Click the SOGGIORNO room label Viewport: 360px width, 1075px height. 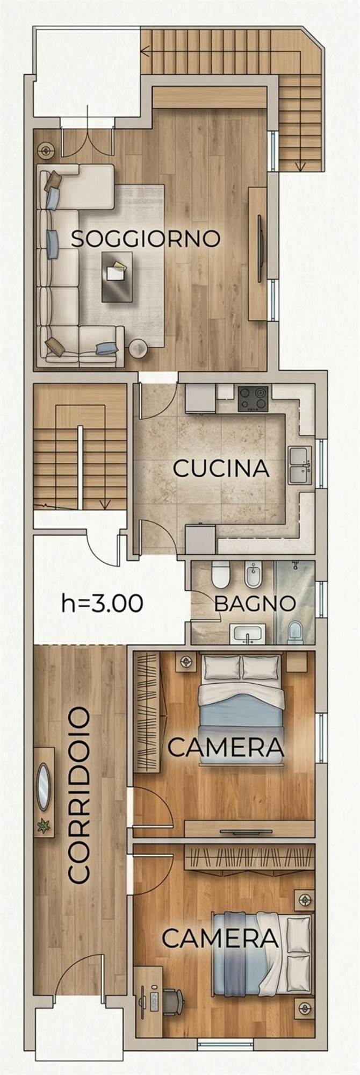click(146, 238)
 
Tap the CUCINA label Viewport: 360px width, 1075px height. click(221, 468)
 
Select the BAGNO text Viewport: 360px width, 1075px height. click(255, 603)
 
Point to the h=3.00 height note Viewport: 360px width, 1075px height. click(103, 603)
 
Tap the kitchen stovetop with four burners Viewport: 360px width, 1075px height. click(253, 399)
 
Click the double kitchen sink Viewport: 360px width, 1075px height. click(300, 465)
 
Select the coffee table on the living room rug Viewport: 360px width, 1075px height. click(117, 276)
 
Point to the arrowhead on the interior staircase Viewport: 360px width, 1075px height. click(105, 504)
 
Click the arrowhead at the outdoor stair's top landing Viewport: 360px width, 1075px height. click(143, 52)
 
